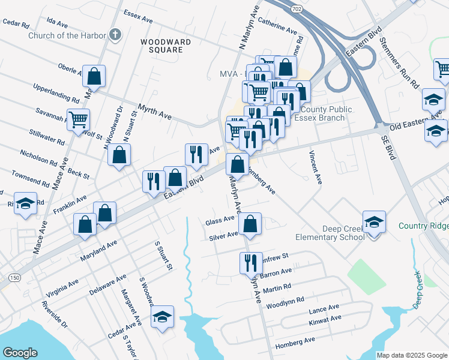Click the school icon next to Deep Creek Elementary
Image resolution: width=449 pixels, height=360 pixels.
coord(373,223)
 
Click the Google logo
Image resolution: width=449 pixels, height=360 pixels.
coord(20,352)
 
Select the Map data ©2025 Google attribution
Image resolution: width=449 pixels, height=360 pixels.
coord(411,355)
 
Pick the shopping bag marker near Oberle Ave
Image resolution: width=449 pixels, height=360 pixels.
coord(94,76)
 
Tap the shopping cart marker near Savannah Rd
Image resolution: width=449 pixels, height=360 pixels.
coord(78,120)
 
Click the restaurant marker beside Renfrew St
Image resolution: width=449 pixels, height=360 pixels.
coord(250,262)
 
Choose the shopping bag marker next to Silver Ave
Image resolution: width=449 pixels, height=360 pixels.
coord(250,224)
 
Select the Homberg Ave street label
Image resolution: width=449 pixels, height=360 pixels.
coord(295,340)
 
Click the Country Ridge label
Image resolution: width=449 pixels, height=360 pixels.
coord(423,226)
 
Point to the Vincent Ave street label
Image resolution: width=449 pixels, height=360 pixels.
coord(315,163)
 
